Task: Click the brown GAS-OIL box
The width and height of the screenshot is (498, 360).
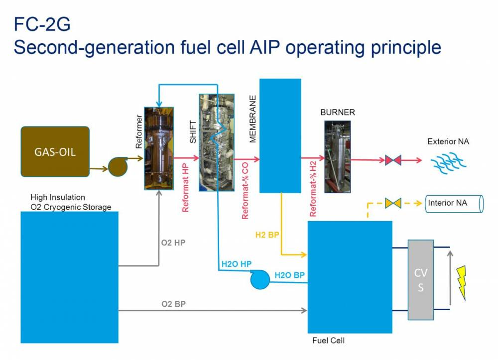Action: tap(55, 151)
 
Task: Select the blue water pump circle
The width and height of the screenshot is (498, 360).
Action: tap(259, 279)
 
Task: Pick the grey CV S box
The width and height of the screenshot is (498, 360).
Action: tap(421, 279)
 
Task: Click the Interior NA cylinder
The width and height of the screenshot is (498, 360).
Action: tap(454, 204)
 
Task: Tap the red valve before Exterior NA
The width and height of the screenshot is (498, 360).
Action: tap(393, 160)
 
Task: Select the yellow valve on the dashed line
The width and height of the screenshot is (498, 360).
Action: tap(393, 204)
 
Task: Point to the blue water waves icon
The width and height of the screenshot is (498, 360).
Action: tap(442, 161)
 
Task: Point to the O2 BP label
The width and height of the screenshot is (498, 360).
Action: tap(173, 303)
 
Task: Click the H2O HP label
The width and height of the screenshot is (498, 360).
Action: tap(236, 264)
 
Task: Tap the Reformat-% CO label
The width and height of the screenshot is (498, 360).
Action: tap(245, 193)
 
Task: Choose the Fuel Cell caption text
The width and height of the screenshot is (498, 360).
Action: tap(328, 341)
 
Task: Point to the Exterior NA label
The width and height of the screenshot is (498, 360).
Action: tap(448, 142)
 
